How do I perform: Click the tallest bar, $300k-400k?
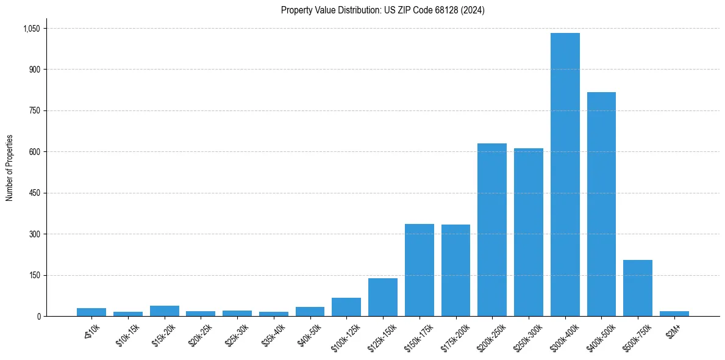pos(565,175)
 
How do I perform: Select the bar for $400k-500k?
pos(601,204)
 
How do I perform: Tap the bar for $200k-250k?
pos(492,229)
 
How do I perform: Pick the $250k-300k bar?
pos(528,232)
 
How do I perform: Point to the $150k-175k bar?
pos(419,270)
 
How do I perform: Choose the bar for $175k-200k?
pos(455,270)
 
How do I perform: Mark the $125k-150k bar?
pos(383,297)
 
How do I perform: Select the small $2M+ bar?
pos(674,314)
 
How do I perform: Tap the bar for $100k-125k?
pos(346,307)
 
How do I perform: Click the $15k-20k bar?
pos(165,311)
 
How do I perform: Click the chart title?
pos(382,10)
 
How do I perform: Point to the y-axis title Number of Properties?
pos(10,168)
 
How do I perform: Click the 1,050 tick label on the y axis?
pos(31,29)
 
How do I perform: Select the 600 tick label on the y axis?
pos(34,152)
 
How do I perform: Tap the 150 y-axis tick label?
pos(34,275)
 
